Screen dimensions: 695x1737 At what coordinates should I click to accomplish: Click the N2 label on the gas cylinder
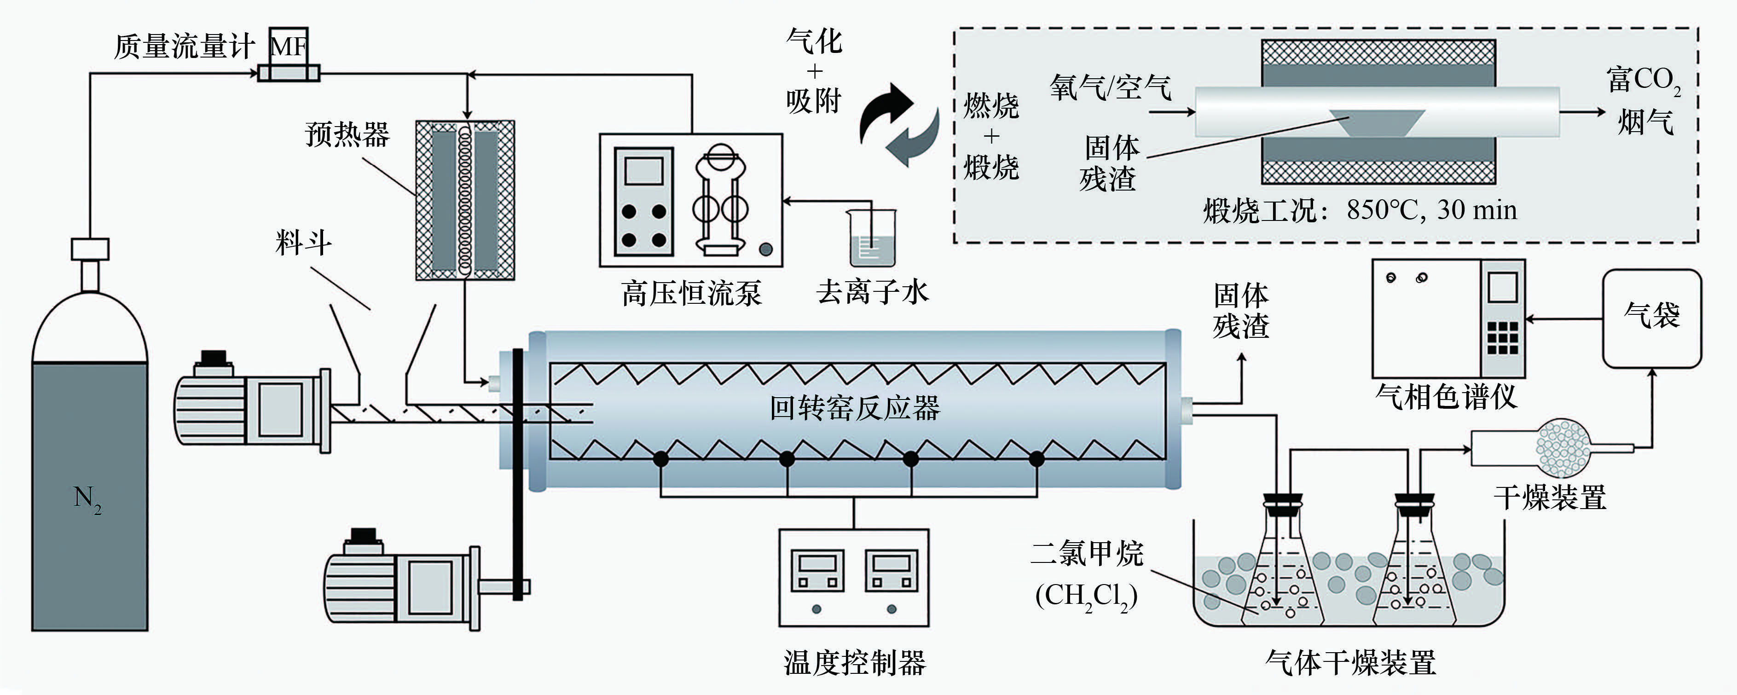pos(87,499)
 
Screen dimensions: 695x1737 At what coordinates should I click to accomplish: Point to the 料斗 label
pos(303,243)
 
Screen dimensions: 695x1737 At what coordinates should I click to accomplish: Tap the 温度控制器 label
pos(854,663)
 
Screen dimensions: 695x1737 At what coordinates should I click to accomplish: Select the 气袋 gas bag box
pos(1651,318)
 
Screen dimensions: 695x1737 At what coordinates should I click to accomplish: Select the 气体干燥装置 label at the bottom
pos(1351,663)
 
